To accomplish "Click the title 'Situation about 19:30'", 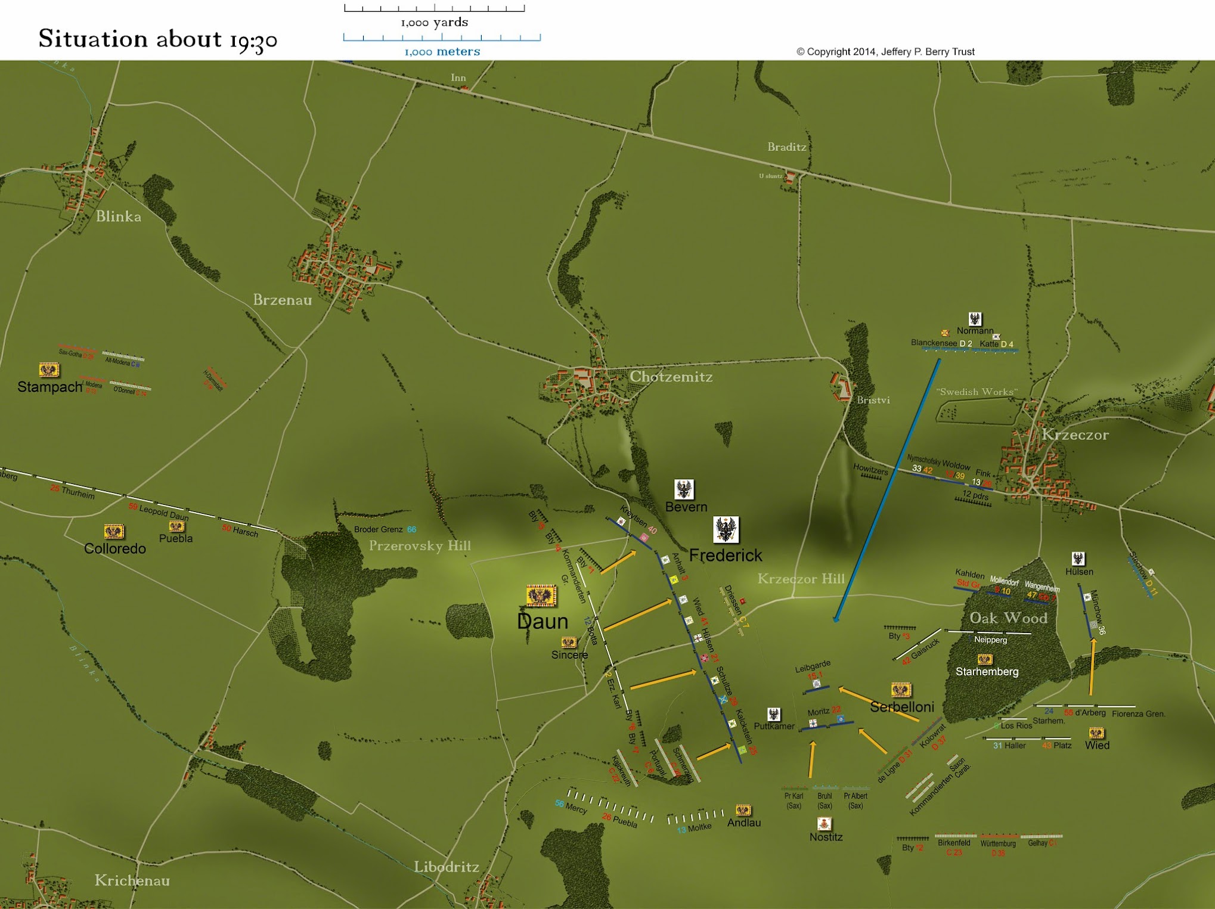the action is [x=158, y=39].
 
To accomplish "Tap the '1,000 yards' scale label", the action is [x=434, y=23].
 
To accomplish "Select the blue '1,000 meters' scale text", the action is [x=442, y=52].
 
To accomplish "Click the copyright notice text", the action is [x=885, y=52].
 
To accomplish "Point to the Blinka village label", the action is [x=119, y=216].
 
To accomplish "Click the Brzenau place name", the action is [x=283, y=300].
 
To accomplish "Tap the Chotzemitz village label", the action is [x=671, y=377].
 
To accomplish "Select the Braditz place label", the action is [x=786, y=147].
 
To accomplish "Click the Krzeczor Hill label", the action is [x=801, y=579].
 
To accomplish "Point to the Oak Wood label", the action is [x=1008, y=618].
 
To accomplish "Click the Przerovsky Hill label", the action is [x=420, y=546].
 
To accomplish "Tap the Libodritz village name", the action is [x=447, y=867].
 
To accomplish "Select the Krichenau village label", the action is [x=132, y=880].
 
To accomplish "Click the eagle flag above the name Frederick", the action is [x=726, y=529].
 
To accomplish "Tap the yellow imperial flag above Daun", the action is [x=541, y=595].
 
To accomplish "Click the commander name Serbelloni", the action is [x=901, y=707].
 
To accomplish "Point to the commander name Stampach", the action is [x=49, y=387].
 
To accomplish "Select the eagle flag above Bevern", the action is [x=684, y=489].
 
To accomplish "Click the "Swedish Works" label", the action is [x=977, y=392].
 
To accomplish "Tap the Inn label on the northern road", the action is [x=458, y=77].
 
